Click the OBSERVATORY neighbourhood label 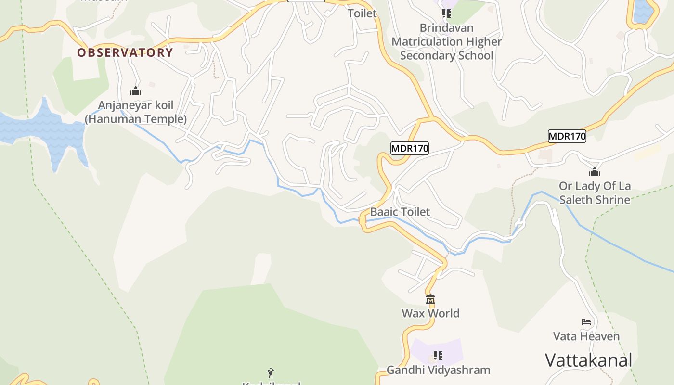pyautogui.click(x=125, y=52)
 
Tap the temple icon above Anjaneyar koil pyautogui.click(x=136, y=91)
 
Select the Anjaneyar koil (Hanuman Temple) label pyautogui.click(x=136, y=112)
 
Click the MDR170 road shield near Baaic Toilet pyautogui.click(x=409, y=148)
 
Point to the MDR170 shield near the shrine pyautogui.click(x=567, y=136)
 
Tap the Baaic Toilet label pyautogui.click(x=400, y=212)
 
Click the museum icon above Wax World pyautogui.click(x=430, y=299)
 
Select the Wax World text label pyautogui.click(x=430, y=313)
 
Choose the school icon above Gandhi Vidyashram pyautogui.click(x=438, y=356)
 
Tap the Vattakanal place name pyautogui.click(x=588, y=360)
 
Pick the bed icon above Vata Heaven pyautogui.click(x=586, y=321)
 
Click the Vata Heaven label pyautogui.click(x=586, y=336)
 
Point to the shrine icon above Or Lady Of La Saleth pyautogui.click(x=595, y=172)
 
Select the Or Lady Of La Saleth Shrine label pyautogui.click(x=595, y=192)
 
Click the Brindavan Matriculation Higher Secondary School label pyautogui.click(x=446, y=42)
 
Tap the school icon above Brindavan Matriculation pyautogui.click(x=446, y=13)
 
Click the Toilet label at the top pyautogui.click(x=362, y=13)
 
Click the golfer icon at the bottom pyautogui.click(x=271, y=372)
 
